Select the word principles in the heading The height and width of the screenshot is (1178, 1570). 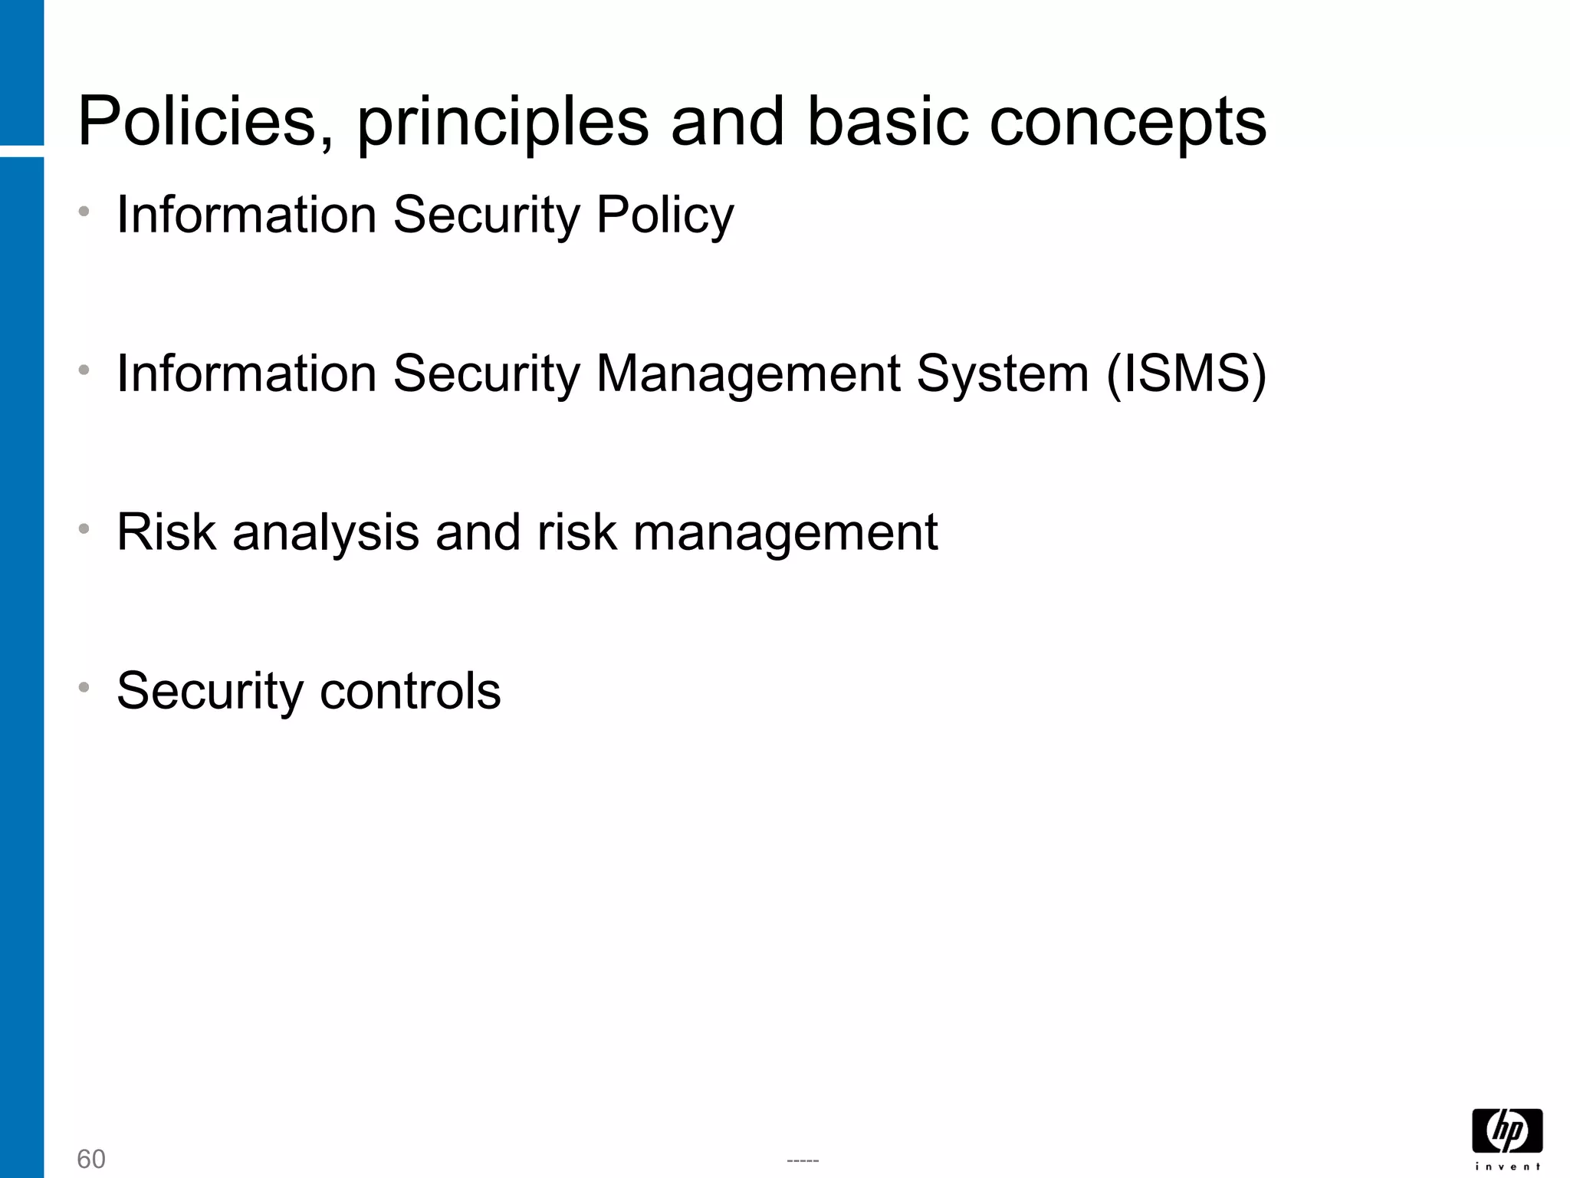pos(502,123)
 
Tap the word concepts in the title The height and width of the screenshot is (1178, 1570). pos(1128,123)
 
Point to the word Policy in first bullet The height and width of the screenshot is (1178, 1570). pos(665,216)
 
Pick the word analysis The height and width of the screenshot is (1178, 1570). pos(326,533)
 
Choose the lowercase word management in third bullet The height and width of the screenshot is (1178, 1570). pos(785,533)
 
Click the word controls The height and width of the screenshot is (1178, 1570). pos(410,690)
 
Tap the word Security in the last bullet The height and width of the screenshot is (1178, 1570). pos(209,692)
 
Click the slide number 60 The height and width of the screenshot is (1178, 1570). pos(91,1159)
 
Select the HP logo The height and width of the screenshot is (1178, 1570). pos(1507,1130)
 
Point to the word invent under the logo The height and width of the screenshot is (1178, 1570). pos(1507,1166)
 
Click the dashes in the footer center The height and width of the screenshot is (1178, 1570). pos(803,1160)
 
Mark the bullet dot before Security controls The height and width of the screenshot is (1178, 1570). pos(84,686)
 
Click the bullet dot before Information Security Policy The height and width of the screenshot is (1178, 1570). pos(84,210)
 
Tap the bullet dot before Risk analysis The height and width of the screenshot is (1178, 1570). pos(84,528)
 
